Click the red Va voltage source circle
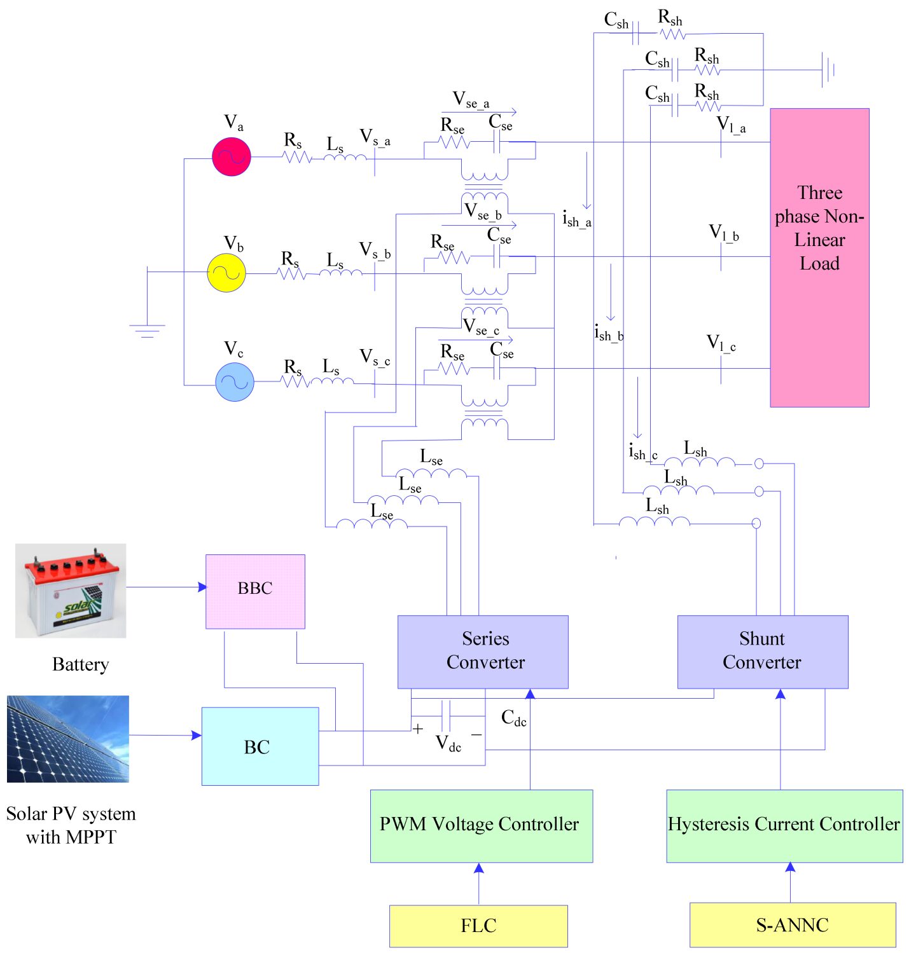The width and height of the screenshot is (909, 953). pos(232,156)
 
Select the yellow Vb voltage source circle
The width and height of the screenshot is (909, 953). pos(226,273)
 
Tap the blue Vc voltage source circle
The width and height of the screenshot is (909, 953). pos(235,381)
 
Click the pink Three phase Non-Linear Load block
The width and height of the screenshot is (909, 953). pos(819,257)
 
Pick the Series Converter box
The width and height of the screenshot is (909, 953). pos(483,652)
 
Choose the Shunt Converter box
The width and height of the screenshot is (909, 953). pos(763,652)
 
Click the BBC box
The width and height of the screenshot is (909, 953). pos(255,591)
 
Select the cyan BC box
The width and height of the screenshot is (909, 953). pos(260,746)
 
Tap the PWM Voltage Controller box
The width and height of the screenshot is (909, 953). pos(482,826)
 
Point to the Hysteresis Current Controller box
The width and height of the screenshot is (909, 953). pos(784,826)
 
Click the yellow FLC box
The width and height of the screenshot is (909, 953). pos(478,926)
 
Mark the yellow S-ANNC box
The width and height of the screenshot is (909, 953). pos(793,925)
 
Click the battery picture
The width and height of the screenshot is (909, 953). pos(71,591)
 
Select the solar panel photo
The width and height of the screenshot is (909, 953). pos(68,739)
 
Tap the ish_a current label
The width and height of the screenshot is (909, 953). pos(576,219)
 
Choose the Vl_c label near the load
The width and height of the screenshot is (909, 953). pos(721,344)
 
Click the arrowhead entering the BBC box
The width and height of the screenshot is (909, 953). pos(202,587)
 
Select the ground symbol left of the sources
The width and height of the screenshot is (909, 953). pos(147,329)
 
